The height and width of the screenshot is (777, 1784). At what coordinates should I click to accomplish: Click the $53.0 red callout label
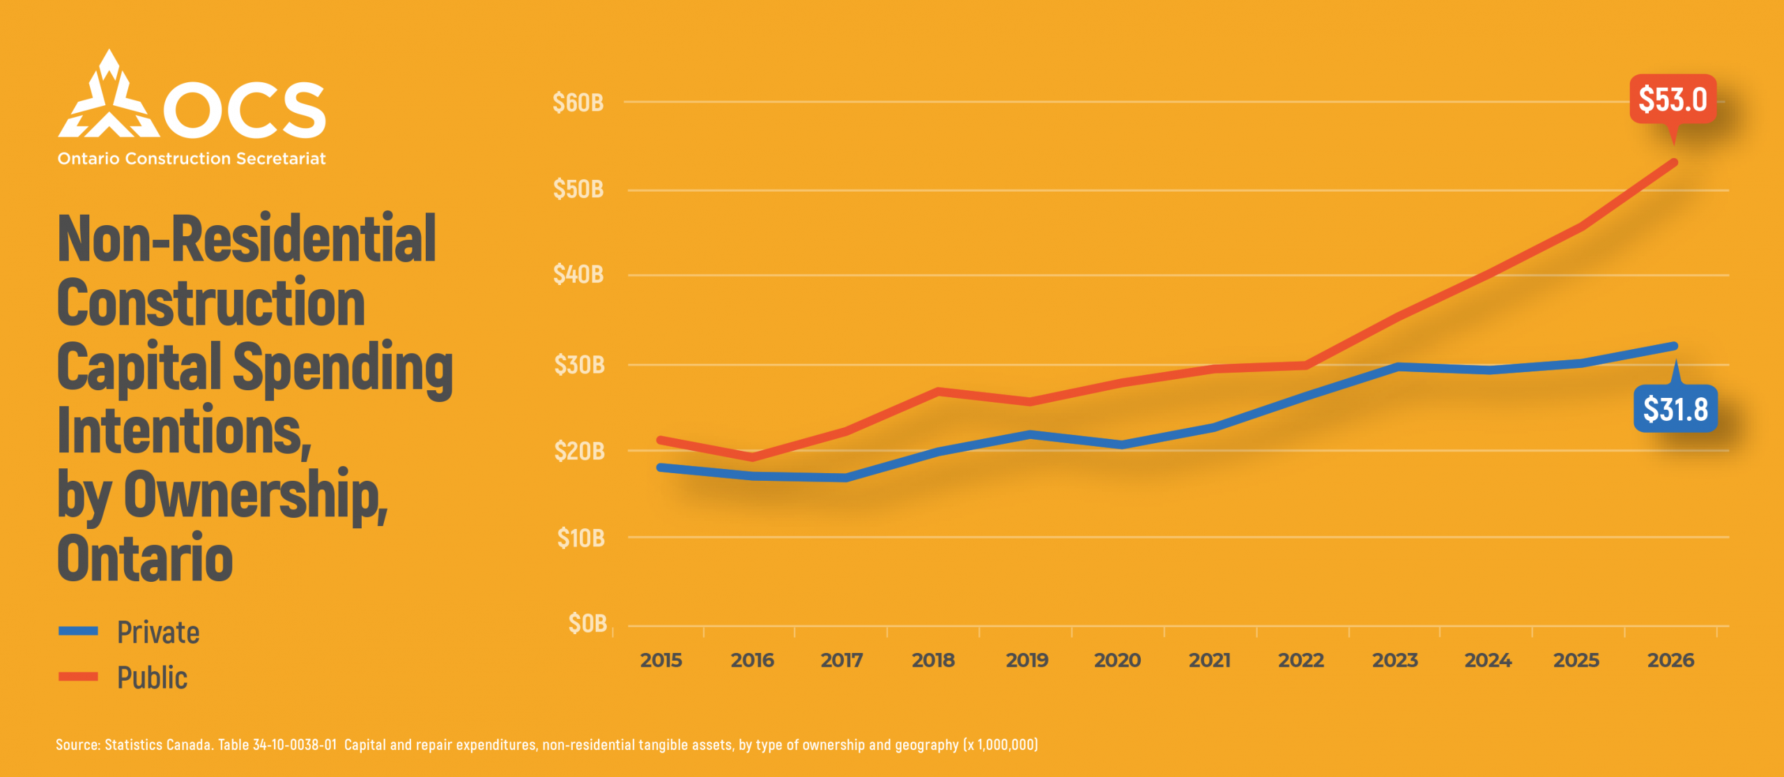click(x=1672, y=99)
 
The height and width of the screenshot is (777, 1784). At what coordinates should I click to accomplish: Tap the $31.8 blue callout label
click(x=1675, y=409)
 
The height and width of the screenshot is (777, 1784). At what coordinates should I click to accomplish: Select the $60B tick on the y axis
click(x=578, y=103)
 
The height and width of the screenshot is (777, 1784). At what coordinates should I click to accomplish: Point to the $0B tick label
click(x=587, y=623)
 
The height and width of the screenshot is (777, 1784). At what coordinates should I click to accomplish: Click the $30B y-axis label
click(x=579, y=364)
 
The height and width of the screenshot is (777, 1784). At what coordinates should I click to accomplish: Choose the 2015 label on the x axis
click(x=661, y=660)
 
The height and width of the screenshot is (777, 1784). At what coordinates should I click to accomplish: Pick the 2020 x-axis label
click(x=1117, y=660)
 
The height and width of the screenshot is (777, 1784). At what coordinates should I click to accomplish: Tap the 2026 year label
click(x=1670, y=660)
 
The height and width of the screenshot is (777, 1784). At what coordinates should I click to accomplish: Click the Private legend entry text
click(x=158, y=632)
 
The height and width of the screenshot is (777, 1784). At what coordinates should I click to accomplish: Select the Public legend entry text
click(x=152, y=677)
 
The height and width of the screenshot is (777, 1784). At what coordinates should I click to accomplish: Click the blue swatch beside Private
click(x=78, y=631)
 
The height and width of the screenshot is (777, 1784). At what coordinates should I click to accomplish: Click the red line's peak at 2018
click(x=938, y=392)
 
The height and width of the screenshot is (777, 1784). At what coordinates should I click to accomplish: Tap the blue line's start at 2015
click(x=660, y=468)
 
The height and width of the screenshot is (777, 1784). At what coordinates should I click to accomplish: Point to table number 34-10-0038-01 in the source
click(x=294, y=745)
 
